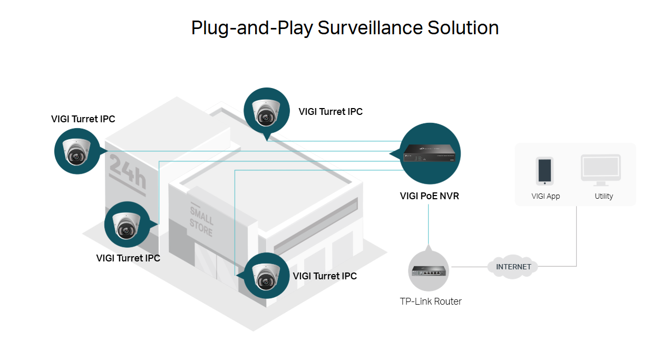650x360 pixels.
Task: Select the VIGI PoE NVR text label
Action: coord(429,196)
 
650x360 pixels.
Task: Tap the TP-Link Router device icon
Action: coord(429,271)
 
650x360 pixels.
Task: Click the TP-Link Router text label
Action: coord(431,301)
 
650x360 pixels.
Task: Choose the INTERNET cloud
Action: coord(513,267)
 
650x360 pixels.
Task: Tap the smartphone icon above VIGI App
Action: coord(545,171)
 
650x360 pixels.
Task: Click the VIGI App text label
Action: coord(546,196)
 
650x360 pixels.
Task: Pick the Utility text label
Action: coord(604,196)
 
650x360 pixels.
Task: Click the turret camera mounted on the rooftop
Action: coord(266,111)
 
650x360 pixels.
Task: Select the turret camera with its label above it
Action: coord(77,151)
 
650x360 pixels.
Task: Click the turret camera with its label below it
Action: coord(127,225)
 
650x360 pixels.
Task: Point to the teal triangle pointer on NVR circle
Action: coord(394,153)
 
